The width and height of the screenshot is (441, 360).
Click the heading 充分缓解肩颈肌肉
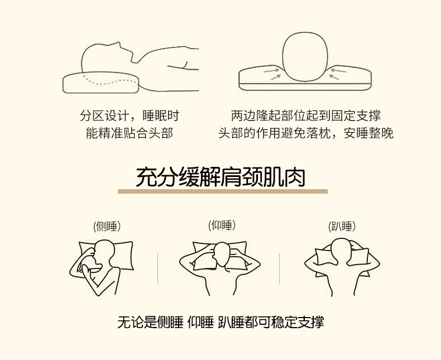(x=220, y=177)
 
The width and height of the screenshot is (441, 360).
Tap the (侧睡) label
(x=107, y=226)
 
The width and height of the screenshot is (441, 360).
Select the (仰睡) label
(x=222, y=225)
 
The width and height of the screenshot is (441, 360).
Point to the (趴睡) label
(x=342, y=226)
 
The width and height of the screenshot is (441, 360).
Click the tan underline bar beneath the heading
(x=223, y=191)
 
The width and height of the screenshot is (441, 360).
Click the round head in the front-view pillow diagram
(x=305, y=57)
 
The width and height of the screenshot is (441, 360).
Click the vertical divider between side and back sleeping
(x=158, y=268)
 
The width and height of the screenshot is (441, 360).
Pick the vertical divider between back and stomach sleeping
(x=279, y=268)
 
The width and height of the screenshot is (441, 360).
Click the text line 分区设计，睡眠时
(x=130, y=116)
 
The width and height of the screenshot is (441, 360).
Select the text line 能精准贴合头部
(x=130, y=133)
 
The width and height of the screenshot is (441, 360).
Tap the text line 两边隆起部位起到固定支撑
(x=306, y=116)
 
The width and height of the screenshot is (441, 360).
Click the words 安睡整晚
(x=368, y=133)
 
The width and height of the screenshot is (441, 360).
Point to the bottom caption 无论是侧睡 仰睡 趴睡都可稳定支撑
(x=220, y=322)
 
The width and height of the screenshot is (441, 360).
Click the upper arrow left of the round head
(x=271, y=70)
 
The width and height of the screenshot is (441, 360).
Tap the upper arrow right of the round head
(x=339, y=70)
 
